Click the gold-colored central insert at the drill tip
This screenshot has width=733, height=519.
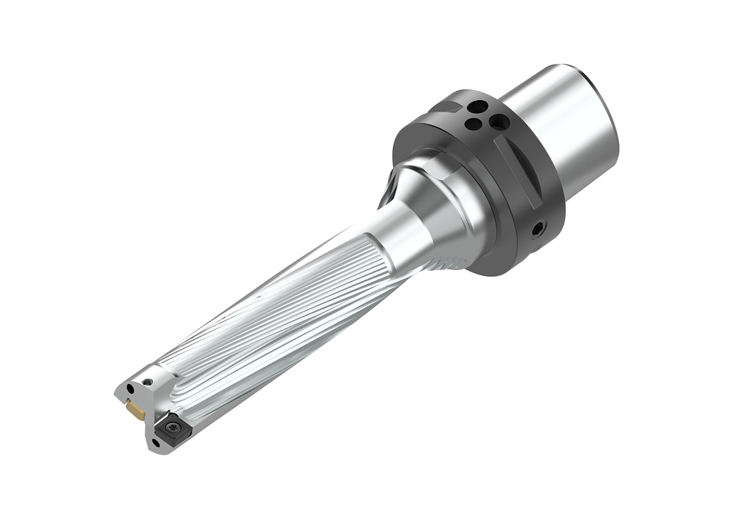[x=135, y=410]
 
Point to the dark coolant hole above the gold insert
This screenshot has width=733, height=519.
[x=130, y=389]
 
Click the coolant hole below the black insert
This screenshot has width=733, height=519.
[x=156, y=443]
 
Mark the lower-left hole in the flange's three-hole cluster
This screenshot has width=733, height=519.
[x=472, y=124]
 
